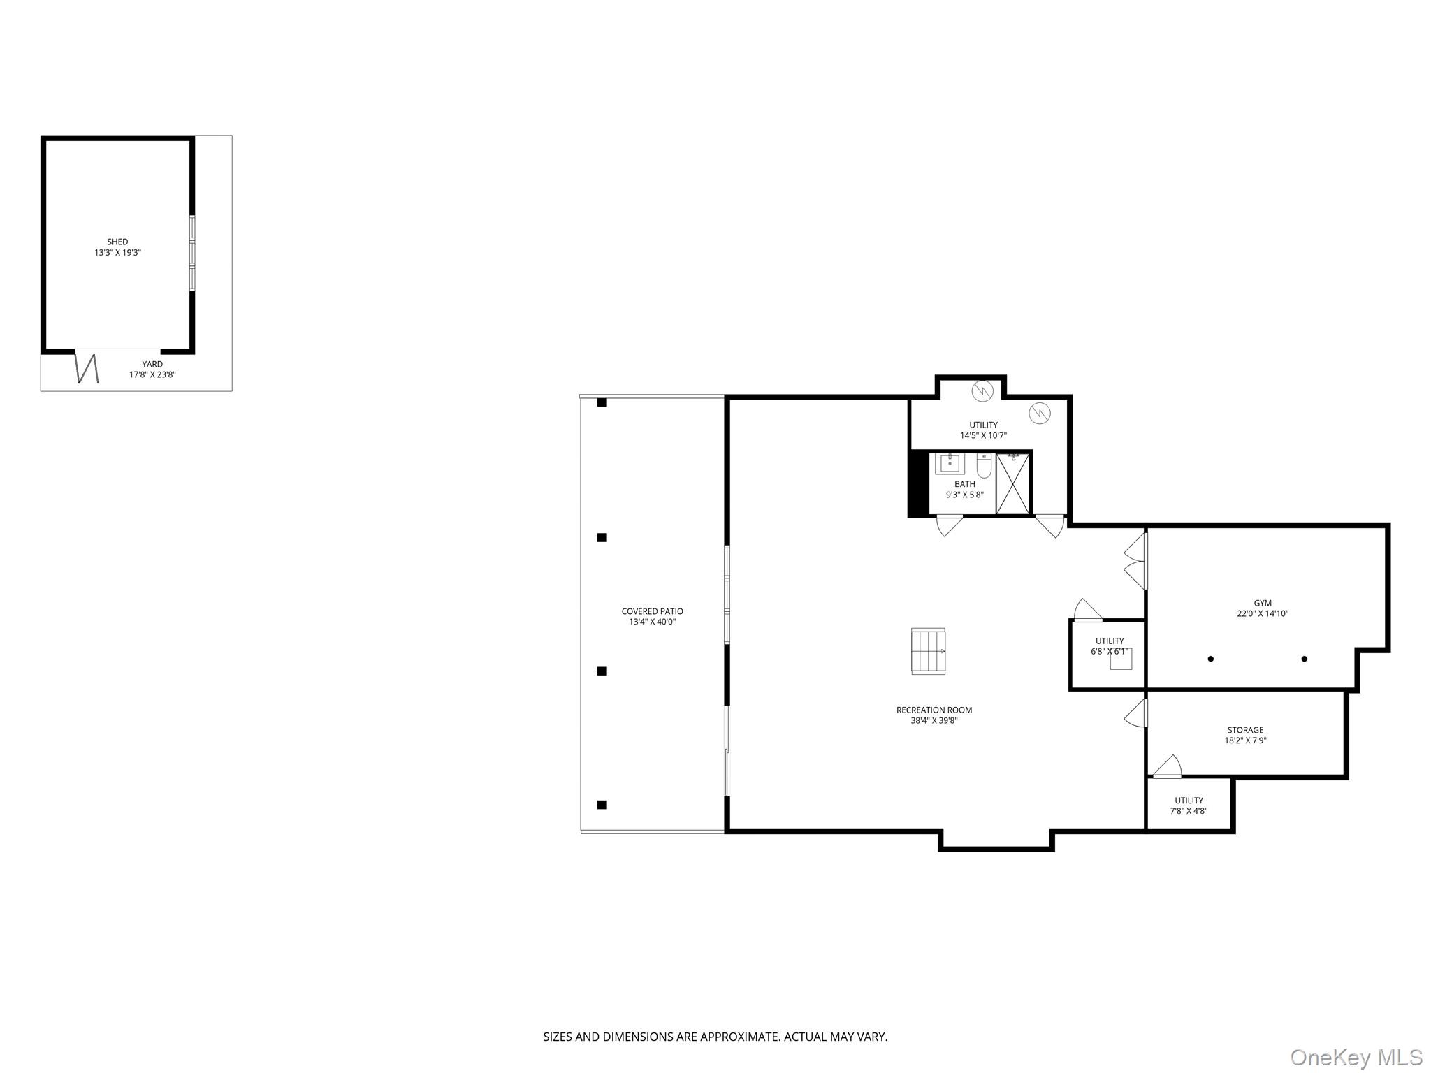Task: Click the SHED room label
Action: (x=117, y=242)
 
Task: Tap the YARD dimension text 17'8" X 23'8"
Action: (x=152, y=374)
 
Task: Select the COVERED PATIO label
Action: (x=652, y=611)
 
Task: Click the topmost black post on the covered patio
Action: (x=602, y=402)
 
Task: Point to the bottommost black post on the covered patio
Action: (x=602, y=805)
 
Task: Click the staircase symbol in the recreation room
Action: (x=928, y=651)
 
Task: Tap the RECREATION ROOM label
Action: (x=934, y=710)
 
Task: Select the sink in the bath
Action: (x=950, y=463)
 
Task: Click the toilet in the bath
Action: (x=984, y=466)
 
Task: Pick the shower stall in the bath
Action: (x=1012, y=483)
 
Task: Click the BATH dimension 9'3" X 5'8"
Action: (x=964, y=495)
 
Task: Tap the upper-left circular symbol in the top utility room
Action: (x=982, y=390)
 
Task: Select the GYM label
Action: (x=1262, y=603)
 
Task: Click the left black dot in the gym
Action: (x=1210, y=659)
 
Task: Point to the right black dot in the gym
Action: (x=1304, y=659)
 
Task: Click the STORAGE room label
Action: (x=1245, y=730)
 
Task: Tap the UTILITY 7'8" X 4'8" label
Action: (x=1189, y=806)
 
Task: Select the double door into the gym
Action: (x=1136, y=561)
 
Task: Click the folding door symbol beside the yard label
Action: (x=87, y=368)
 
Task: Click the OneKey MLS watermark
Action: (x=1356, y=1057)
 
